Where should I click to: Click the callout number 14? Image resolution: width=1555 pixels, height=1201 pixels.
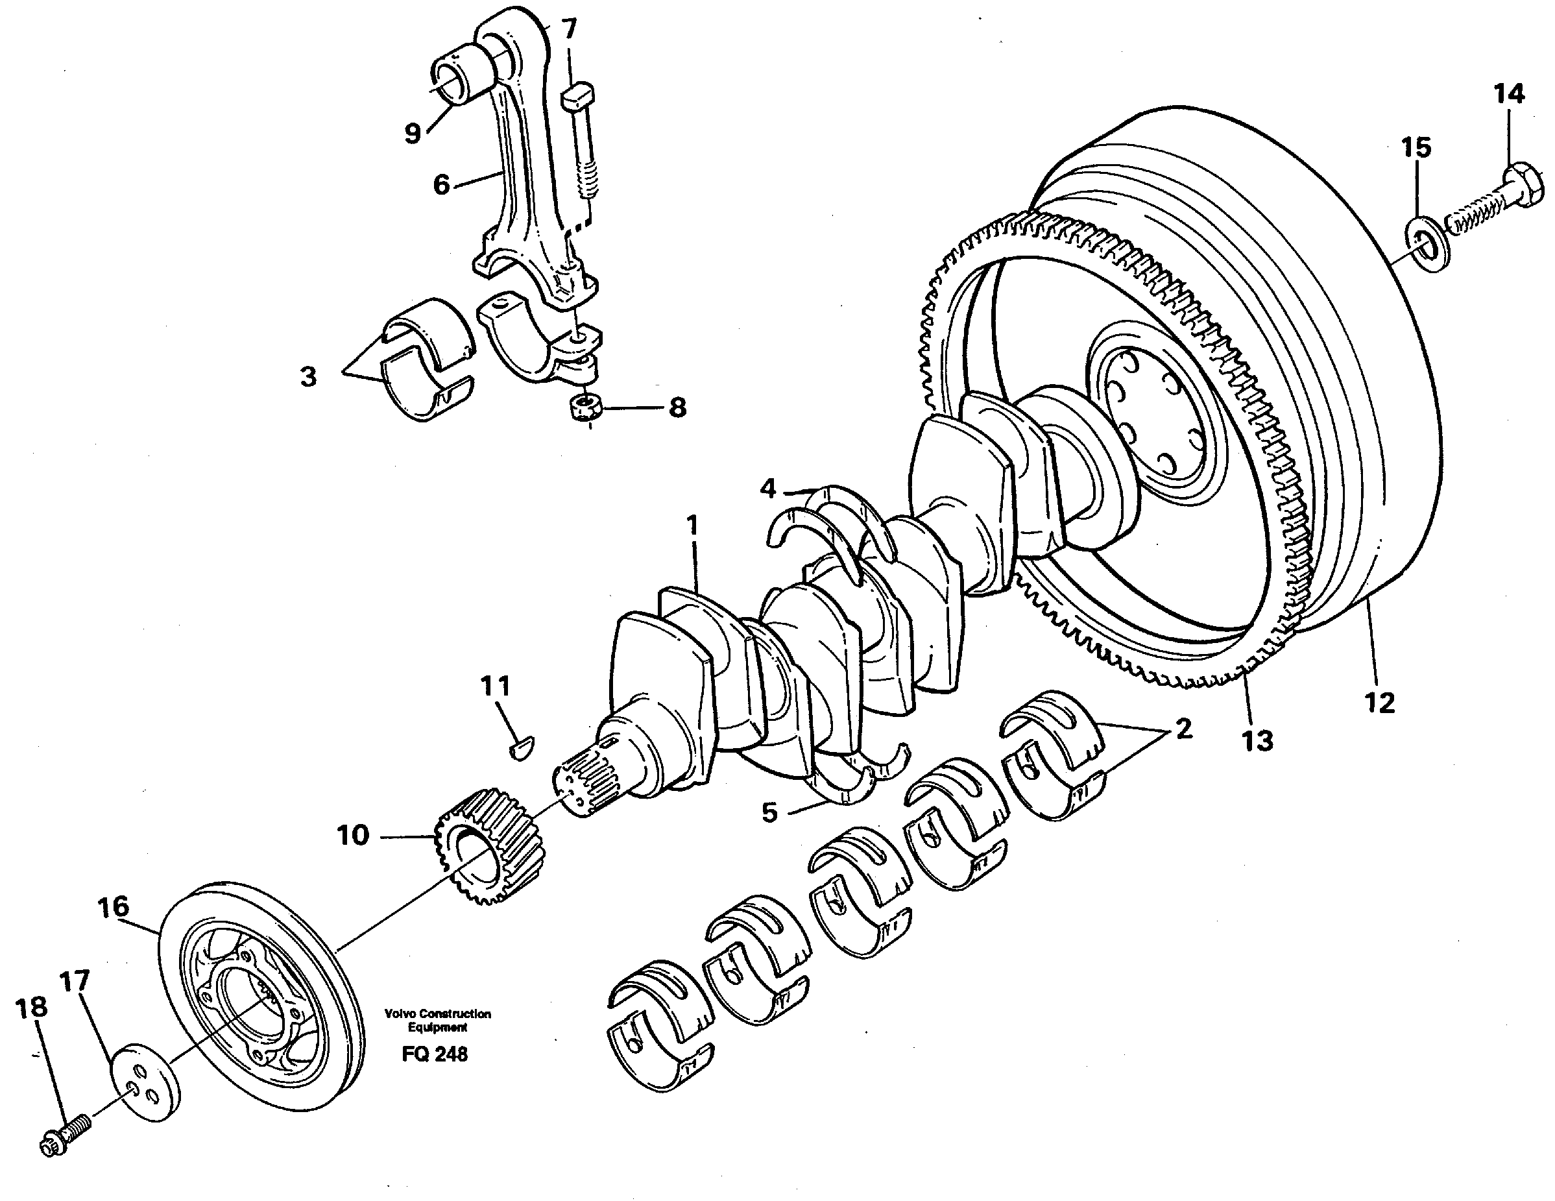pos(1509,94)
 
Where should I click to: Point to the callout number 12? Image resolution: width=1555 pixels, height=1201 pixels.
pos(1379,703)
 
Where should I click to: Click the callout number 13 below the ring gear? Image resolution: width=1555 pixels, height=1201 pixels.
pos(1257,741)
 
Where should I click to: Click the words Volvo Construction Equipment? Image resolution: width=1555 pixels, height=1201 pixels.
pos(437,1020)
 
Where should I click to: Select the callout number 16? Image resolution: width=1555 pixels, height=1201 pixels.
pos(114,907)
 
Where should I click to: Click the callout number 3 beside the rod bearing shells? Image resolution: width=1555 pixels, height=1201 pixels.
pos(307,376)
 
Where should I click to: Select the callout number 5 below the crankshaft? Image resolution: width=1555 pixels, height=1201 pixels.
pos(769,812)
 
